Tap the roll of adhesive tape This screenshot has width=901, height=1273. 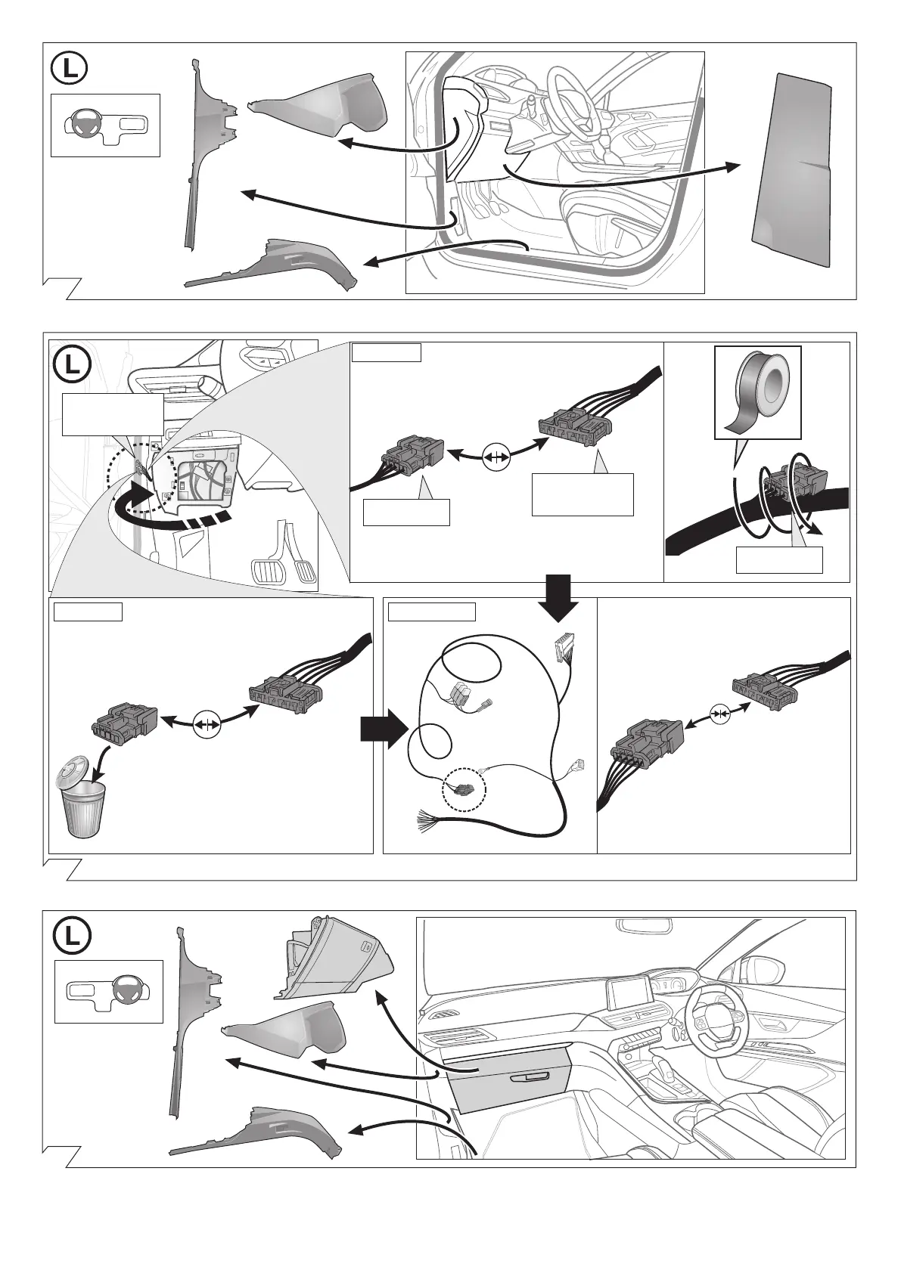pos(757,392)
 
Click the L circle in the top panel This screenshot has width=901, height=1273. pos(69,70)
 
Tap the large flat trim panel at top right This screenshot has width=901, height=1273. pos(793,170)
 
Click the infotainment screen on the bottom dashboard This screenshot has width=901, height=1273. pos(630,993)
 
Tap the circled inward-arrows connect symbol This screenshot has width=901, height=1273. pos(719,712)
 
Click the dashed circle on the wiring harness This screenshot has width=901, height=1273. pos(461,789)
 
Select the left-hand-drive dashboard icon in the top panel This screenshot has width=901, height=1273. pos(105,125)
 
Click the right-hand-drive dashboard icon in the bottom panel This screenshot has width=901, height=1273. pos(109,991)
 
